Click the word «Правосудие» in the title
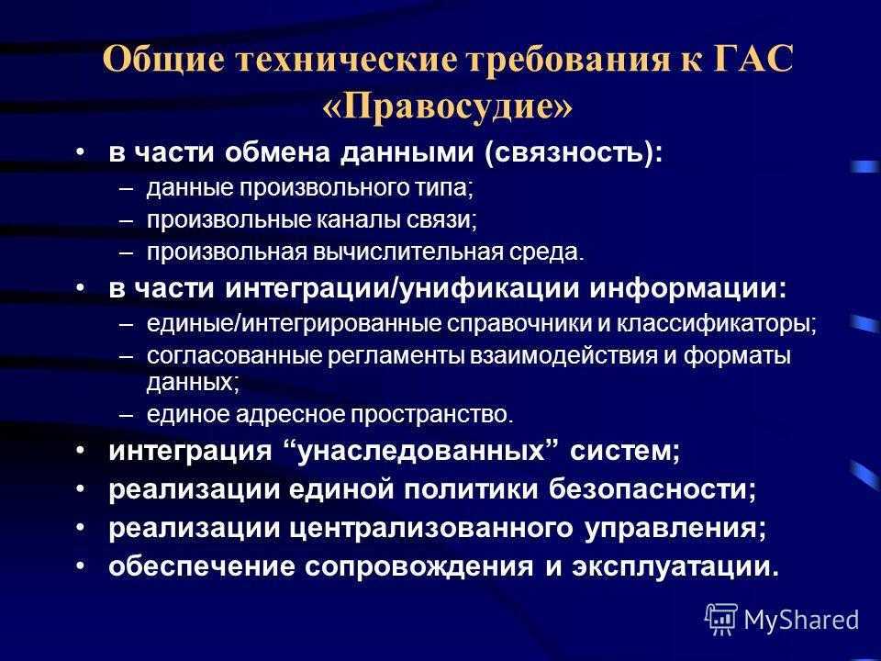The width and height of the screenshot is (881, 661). coord(448,106)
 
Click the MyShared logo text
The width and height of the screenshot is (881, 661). coord(801,620)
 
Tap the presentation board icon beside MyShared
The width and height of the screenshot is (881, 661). coord(721,619)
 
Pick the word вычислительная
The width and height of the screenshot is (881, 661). coord(407,252)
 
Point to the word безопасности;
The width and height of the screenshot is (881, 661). coord(652,489)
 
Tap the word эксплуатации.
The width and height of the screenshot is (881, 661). coord(676,566)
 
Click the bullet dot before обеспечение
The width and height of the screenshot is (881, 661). coord(81,566)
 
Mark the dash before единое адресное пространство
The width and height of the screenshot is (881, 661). coord(127,415)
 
